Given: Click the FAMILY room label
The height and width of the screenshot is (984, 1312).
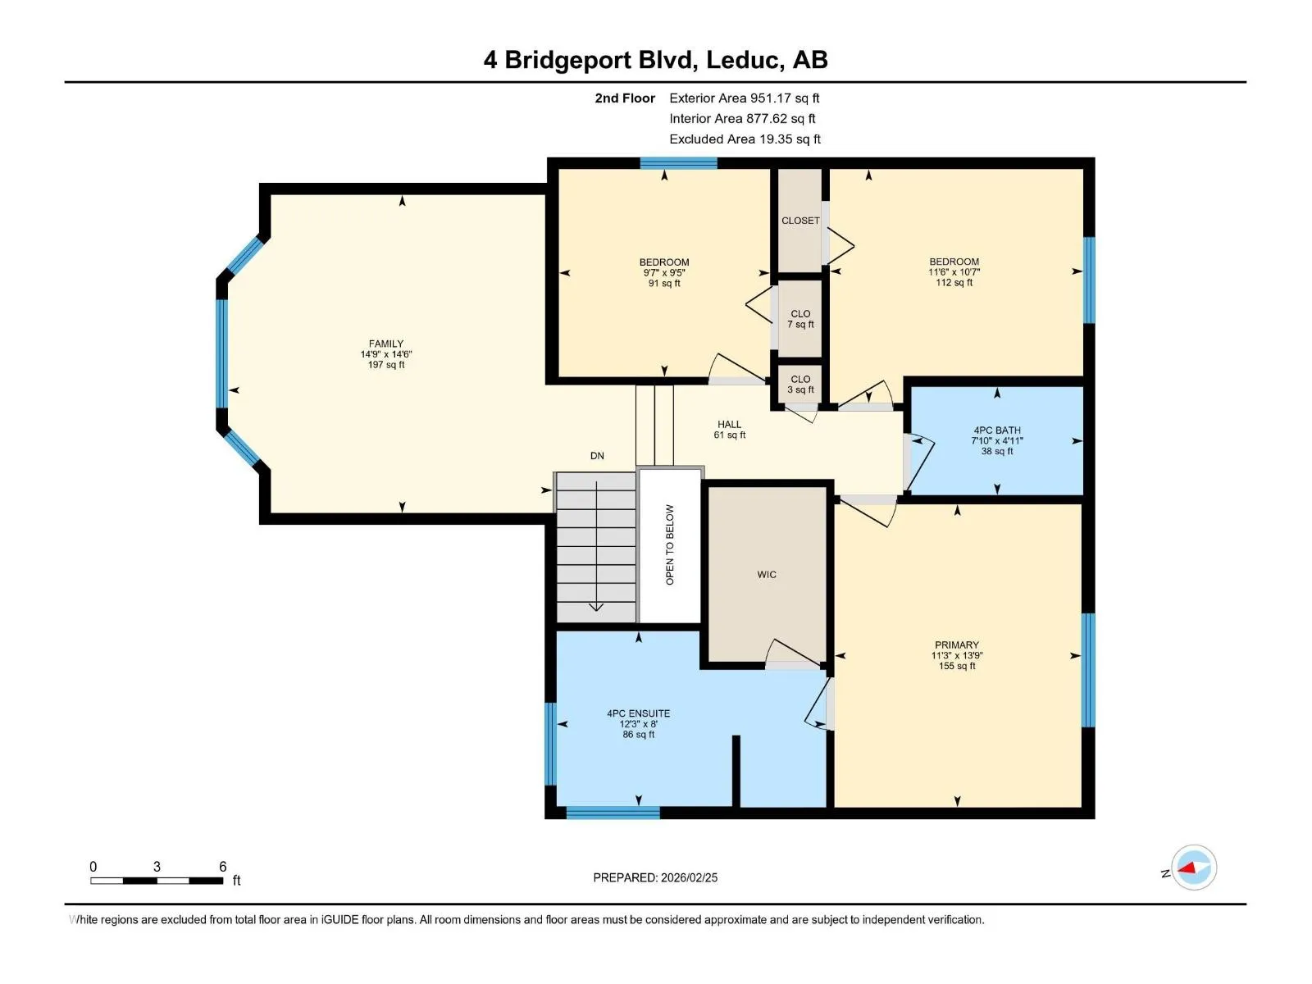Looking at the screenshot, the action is click(x=385, y=344).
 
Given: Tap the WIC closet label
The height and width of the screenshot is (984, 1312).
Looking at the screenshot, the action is click(x=766, y=575).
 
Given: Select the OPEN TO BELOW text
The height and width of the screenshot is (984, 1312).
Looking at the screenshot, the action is click(x=669, y=544).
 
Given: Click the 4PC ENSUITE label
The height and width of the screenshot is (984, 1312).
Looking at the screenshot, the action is click(x=638, y=713).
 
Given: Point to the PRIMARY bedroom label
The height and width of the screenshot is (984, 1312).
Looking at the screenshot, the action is click(x=956, y=645).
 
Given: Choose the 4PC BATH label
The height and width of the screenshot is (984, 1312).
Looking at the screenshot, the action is click(x=997, y=430).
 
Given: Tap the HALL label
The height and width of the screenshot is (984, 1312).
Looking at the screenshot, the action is click(x=729, y=424).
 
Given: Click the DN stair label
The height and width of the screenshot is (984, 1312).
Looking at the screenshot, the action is click(x=597, y=456).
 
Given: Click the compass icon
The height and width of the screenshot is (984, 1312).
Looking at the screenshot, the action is click(x=1194, y=868).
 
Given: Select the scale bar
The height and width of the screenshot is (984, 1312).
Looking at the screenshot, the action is click(x=157, y=881).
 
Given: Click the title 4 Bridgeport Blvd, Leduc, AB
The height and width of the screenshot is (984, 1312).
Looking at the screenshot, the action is click(x=656, y=60).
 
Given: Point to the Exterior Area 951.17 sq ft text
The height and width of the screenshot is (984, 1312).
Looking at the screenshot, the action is click(x=745, y=98).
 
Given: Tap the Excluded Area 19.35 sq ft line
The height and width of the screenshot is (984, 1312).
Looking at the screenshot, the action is click(x=745, y=139).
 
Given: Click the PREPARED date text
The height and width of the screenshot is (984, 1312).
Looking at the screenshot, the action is click(x=655, y=877).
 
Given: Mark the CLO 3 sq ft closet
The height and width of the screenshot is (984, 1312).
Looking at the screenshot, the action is click(x=800, y=385).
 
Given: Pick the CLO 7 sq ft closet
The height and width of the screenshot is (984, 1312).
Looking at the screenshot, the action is click(x=800, y=319).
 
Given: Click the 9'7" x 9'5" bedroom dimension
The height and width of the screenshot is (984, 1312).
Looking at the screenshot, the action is click(x=664, y=272).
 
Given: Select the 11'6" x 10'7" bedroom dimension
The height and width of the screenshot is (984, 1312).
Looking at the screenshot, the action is click(x=954, y=272).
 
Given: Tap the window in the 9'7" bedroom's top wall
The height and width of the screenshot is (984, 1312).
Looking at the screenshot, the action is click(x=678, y=163).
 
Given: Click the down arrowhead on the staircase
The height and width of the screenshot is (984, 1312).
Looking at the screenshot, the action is click(x=596, y=608).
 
